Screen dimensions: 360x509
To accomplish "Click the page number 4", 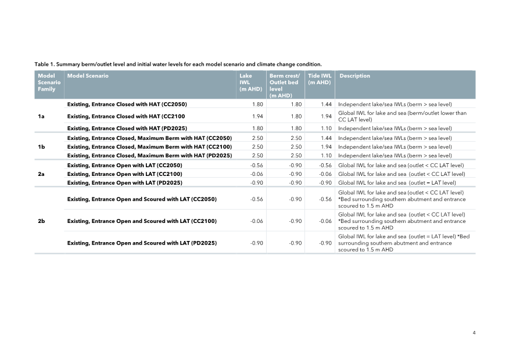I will point(474,333).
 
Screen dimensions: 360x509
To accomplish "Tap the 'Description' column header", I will point(354,76).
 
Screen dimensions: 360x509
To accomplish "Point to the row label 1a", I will point(41,117).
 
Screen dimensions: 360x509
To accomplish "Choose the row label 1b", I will point(41,147).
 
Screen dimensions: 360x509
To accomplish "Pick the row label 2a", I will point(41,174).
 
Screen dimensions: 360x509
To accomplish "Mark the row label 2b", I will point(41,221).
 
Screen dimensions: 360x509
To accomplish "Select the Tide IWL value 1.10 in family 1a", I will point(325,128).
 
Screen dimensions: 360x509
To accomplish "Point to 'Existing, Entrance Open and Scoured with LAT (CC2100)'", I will point(142,221).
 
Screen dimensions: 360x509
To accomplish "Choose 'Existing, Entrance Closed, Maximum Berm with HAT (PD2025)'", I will point(149,156).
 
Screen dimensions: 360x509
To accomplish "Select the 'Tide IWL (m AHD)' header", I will point(319,79).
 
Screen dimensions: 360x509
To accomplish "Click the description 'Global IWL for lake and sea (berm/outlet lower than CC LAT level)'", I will point(402,116).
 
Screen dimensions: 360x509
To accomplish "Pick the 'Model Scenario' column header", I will point(88,76).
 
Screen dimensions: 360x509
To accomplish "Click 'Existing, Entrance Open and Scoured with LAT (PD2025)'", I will point(142,243).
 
